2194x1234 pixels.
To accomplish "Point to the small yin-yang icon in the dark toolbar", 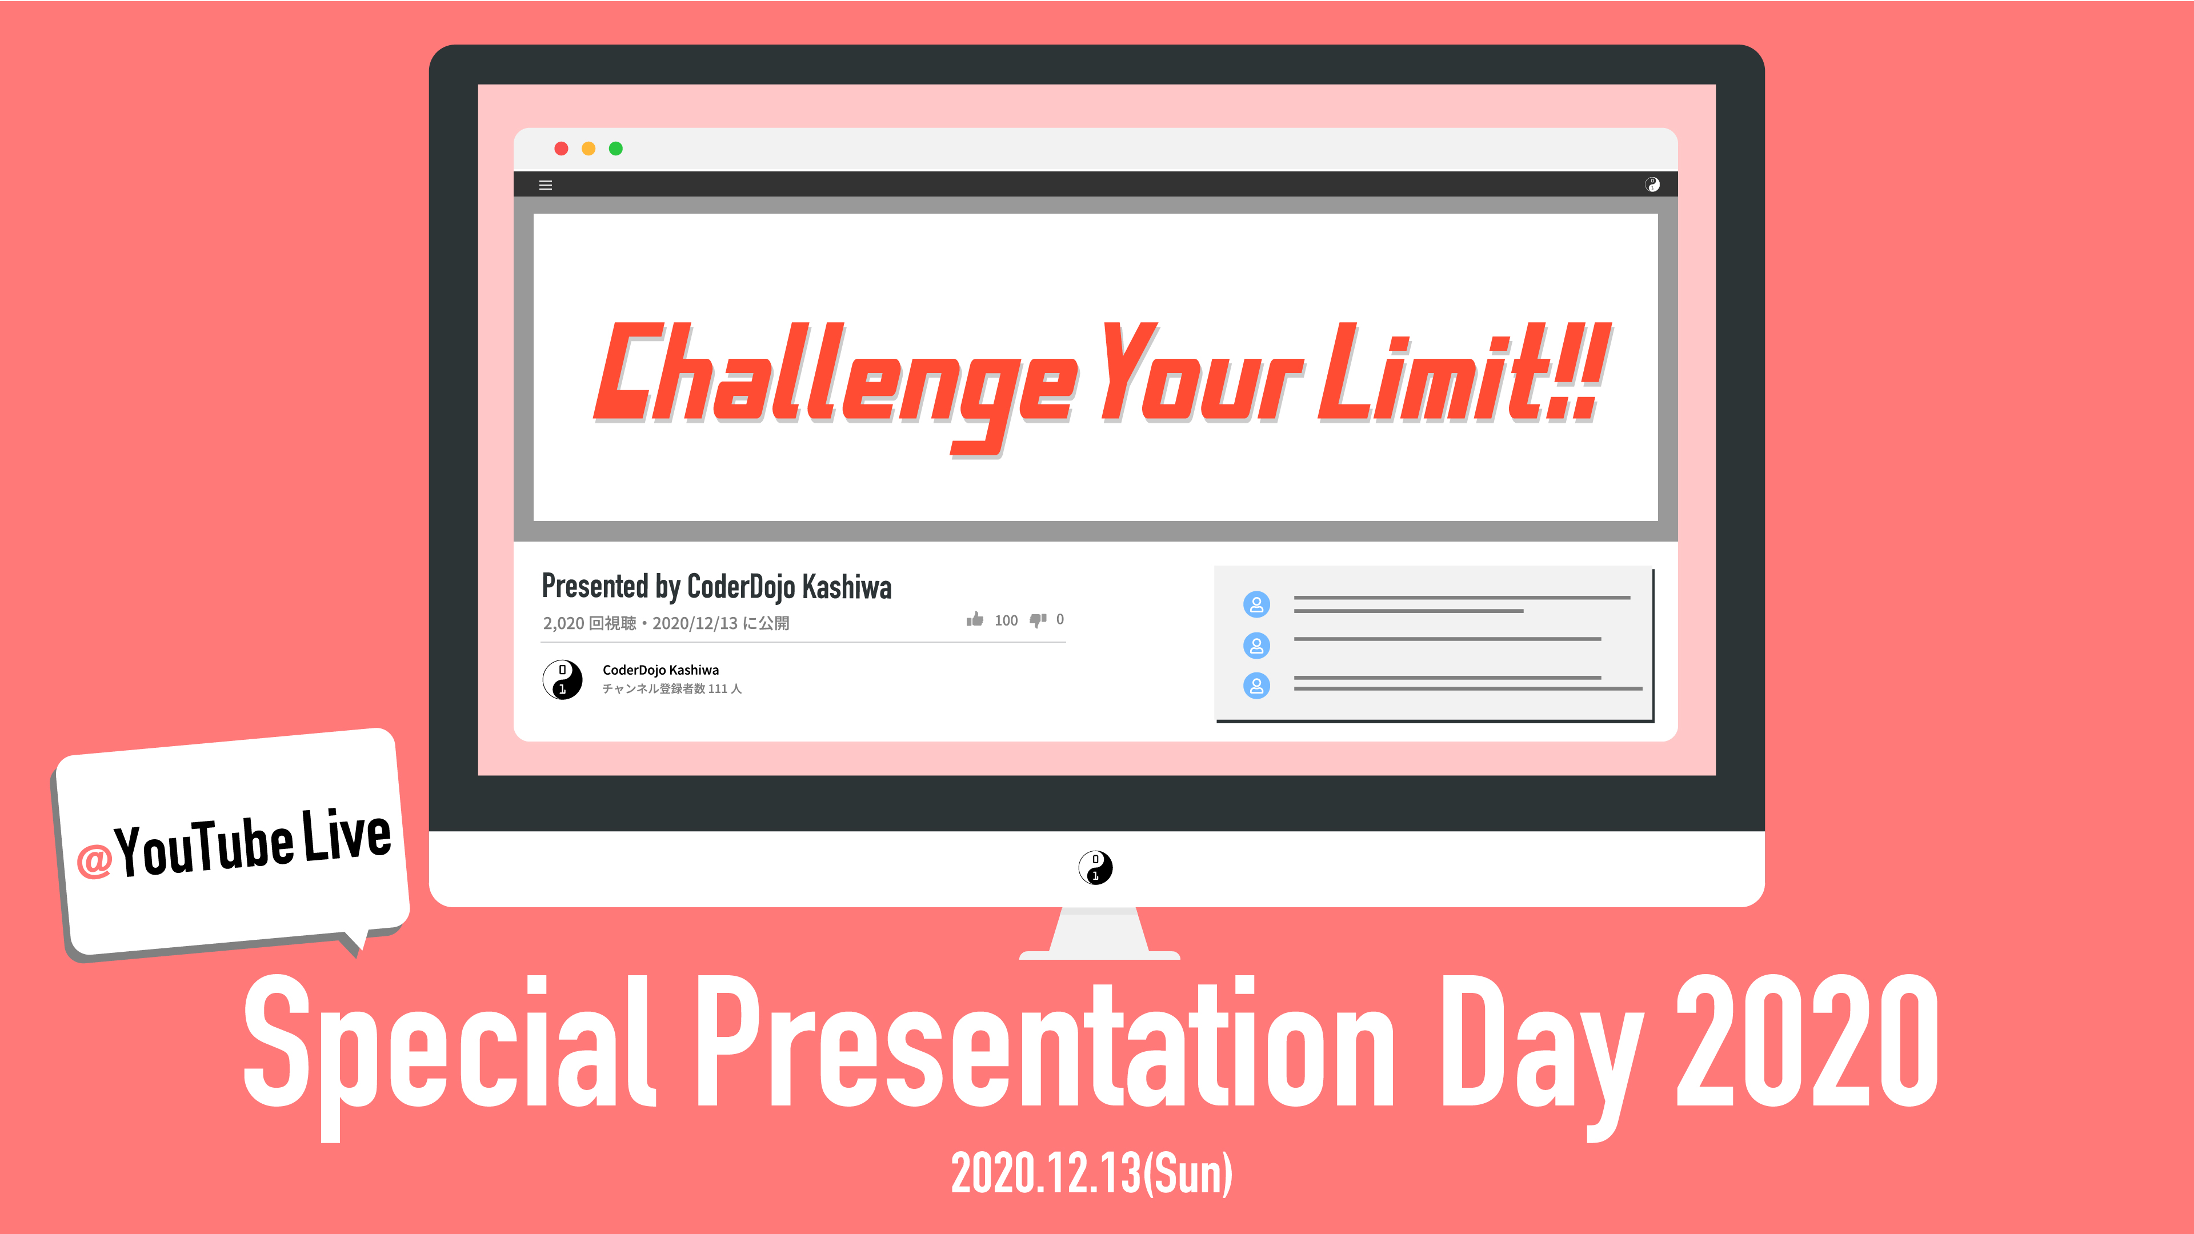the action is [x=1652, y=185].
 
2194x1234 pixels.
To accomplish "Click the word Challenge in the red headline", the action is [x=835, y=383].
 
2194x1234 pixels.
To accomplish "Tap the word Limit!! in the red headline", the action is [x=1463, y=373].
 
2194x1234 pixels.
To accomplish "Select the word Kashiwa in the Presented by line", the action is [x=847, y=587].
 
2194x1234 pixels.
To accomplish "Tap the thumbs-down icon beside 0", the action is [x=1038, y=620].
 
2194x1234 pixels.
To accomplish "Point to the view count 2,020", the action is [x=564, y=623].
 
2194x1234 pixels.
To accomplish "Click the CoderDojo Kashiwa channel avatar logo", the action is [x=562, y=679].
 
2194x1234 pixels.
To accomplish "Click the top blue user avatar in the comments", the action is [x=1256, y=604].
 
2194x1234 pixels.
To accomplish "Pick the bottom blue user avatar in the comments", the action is [x=1256, y=686].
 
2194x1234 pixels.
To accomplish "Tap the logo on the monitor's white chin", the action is [x=1095, y=868].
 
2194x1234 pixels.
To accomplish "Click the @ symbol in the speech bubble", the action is [x=94, y=860].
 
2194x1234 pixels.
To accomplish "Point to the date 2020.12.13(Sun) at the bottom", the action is [x=1092, y=1173].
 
